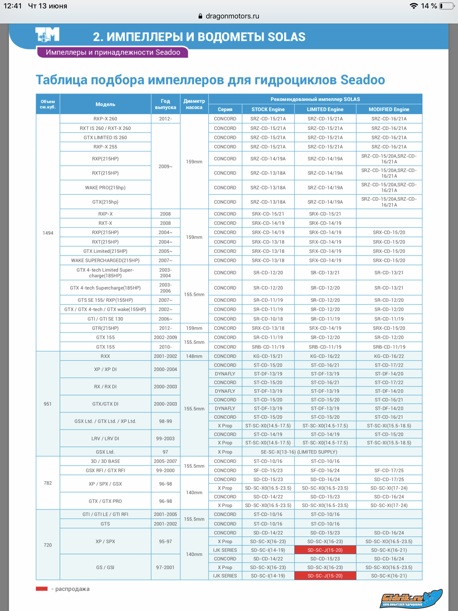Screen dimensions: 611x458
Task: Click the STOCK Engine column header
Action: click(268, 109)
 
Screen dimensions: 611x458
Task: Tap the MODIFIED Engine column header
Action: click(389, 109)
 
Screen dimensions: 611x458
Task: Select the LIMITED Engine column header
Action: click(325, 109)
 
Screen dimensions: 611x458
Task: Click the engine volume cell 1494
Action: click(48, 233)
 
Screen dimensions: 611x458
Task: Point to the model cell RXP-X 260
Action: click(105, 119)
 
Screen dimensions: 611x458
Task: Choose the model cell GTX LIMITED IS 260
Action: click(105, 138)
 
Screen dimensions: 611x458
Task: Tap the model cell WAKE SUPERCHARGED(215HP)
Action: click(105, 260)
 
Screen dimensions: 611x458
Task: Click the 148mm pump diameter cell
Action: click(194, 356)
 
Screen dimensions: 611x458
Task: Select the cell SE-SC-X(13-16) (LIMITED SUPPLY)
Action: click(299, 452)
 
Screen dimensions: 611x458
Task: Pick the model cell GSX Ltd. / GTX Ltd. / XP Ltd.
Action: click(105, 421)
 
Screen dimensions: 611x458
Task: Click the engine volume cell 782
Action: click(48, 483)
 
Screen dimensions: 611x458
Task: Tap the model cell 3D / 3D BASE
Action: click(105, 461)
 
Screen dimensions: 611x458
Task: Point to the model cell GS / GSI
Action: click(105, 567)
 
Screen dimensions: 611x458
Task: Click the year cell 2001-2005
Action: click(165, 514)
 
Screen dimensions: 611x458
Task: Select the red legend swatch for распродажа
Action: click(42, 589)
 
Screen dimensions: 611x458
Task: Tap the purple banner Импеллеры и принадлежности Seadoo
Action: click(113, 53)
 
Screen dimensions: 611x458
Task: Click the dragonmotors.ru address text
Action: click(232, 16)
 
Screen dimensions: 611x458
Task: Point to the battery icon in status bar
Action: click(446, 6)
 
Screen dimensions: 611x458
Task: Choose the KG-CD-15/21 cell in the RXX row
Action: click(268, 356)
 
